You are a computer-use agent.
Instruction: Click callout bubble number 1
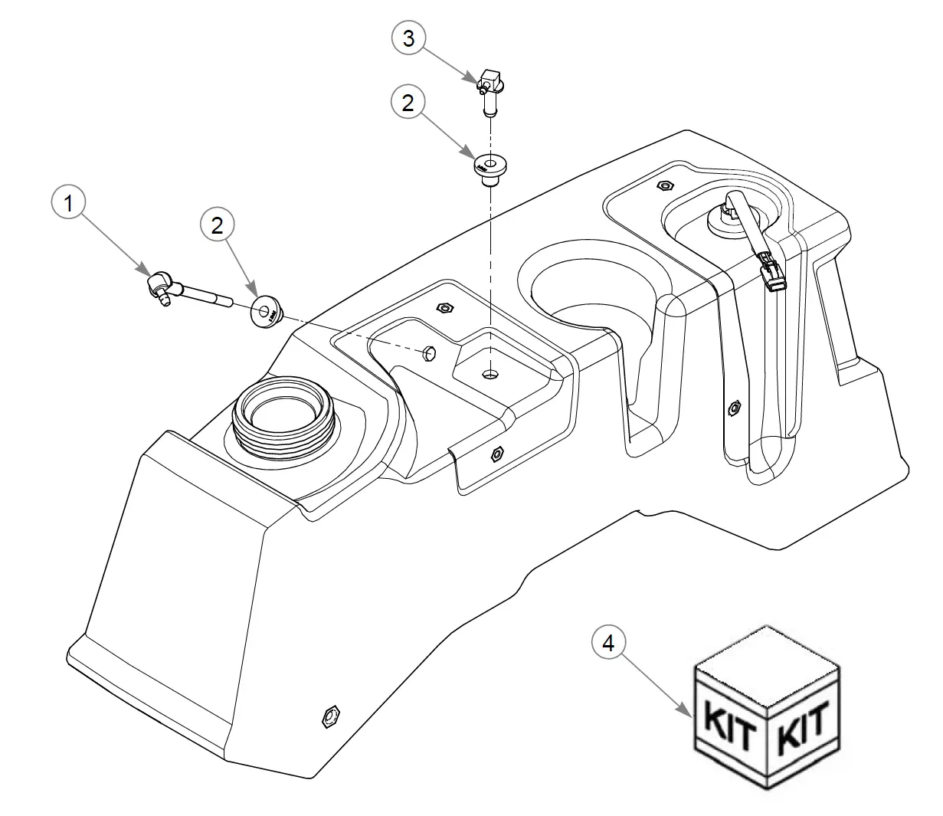(68, 202)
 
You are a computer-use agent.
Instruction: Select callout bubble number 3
(409, 38)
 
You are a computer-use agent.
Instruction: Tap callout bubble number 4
(608, 643)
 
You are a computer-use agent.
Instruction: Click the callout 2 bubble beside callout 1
(217, 225)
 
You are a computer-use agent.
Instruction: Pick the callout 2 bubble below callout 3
(408, 102)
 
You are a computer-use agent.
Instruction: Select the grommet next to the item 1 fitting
(267, 312)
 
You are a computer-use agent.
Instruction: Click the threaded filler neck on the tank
(284, 416)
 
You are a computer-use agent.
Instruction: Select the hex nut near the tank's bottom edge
(330, 717)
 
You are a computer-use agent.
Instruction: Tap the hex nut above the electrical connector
(666, 185)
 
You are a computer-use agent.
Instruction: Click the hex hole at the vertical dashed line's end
(490, 374)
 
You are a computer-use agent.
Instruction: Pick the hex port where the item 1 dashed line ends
(429, 352)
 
